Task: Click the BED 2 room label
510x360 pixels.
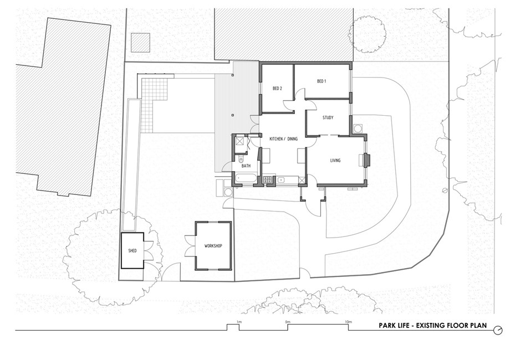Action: point(278,89)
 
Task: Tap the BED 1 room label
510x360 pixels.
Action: point(322,81)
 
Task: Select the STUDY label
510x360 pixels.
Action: point(328,117)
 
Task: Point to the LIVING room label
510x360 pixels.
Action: point(335,161)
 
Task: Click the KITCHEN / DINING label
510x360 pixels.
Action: point(283,138)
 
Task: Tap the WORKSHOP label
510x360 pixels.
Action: point(213,245)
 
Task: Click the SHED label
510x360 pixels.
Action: point(132,251)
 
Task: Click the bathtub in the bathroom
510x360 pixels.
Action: point(246,179)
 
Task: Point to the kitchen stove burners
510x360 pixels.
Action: point(267,179)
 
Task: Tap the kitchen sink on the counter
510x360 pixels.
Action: point(282,179)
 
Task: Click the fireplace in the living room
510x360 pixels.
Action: point(365,160)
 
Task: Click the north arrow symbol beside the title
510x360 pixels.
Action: point(499,327)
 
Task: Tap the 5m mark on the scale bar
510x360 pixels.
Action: point(287,322)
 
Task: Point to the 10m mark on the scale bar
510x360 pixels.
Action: point(348,322)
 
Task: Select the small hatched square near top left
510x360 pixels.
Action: point(140,42)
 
